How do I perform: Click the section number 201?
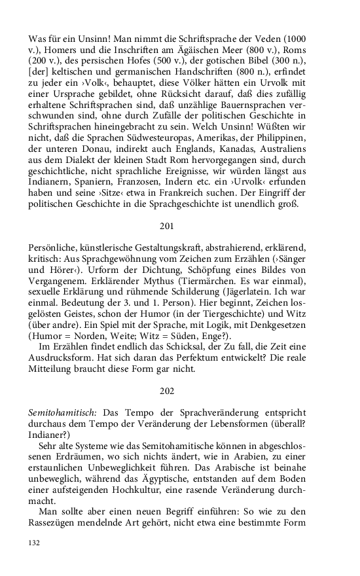(x=167, y=226)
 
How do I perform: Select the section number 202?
(x=167, y=391)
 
